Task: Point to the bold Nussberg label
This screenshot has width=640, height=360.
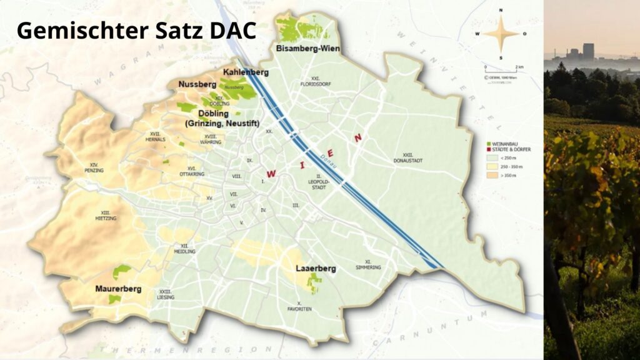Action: (x=197, y=84)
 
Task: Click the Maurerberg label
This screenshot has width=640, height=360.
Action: (x=118, y=289)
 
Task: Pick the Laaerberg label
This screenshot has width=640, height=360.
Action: (x=316, y=269)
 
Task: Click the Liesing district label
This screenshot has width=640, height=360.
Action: (x=166, y=295)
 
